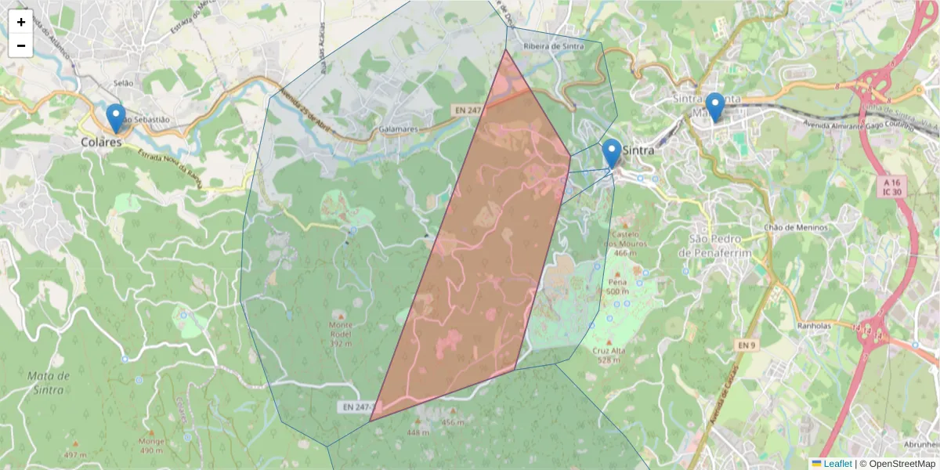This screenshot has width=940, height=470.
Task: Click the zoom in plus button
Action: point(21,22)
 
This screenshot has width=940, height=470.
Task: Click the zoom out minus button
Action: point(21,45)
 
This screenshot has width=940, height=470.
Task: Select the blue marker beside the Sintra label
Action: point(611,154)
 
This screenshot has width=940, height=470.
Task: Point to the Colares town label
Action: point(101,143)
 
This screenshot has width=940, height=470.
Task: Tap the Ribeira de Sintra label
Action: point(553,46)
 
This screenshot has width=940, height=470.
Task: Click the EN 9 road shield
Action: point(747,345)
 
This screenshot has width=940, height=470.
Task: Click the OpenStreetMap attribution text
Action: point(898,464)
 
